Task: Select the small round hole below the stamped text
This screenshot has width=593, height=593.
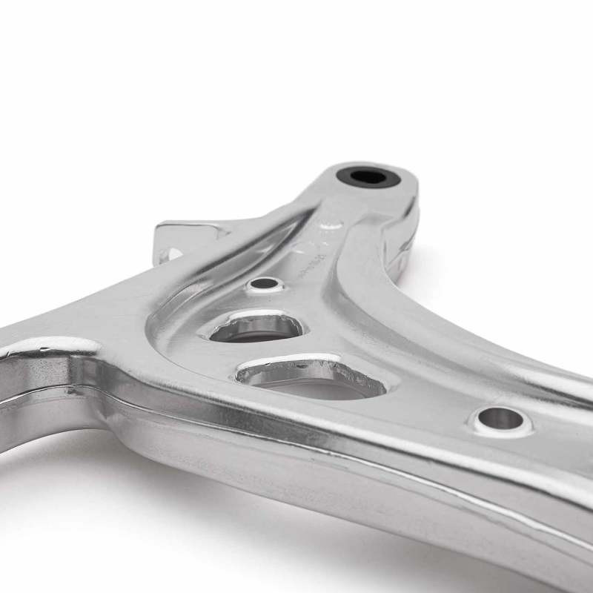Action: click(265, 283)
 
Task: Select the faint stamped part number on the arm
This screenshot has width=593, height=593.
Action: click(304, 263)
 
